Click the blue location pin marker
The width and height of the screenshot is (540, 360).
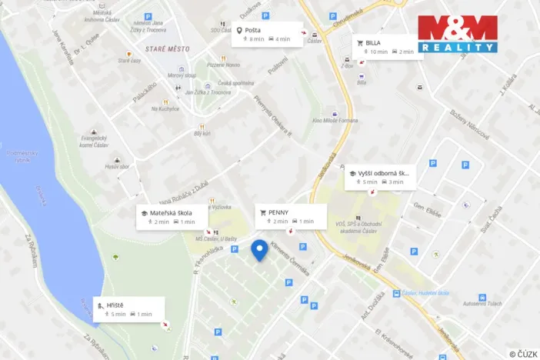click(x=260, y=250)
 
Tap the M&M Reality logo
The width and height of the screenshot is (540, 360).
click(x=457, y=34)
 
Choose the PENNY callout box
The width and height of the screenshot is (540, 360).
click(x=291, y=215)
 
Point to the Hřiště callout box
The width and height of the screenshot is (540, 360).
click(x=128, y=308)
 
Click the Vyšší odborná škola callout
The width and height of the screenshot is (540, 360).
click(x=381, y=177)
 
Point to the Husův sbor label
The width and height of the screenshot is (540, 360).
click(x=118, y=166)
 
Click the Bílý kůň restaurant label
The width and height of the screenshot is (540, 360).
click(x=202, y=133)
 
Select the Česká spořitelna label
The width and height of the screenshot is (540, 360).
click(x=235, y=83)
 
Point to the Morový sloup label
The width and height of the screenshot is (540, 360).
click(x=183, y=75)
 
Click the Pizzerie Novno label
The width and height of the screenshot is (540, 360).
click(x=225, y=65)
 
